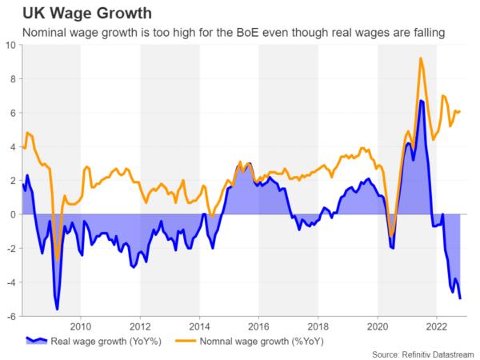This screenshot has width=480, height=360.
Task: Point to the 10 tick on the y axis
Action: click(x=10, y=45)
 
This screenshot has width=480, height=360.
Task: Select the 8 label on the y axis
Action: click(x=13, y=78)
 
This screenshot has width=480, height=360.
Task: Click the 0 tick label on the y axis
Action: click(x=13, y=214)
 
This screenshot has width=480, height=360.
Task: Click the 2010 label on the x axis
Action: click(x=81, y=326)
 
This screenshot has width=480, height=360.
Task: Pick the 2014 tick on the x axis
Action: click(x=199, y=326)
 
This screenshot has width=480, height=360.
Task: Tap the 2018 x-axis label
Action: click(x=318, y=326)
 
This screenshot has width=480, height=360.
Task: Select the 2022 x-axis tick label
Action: click(x=436, y=326)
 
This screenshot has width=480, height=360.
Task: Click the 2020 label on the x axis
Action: click(x=378, y=326)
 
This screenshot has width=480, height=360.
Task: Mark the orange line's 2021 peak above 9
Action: click(x=420, y=58)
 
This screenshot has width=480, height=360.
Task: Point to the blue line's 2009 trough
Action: click(x=57, y=309)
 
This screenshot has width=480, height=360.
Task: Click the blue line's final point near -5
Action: click(x=460, y=298)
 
